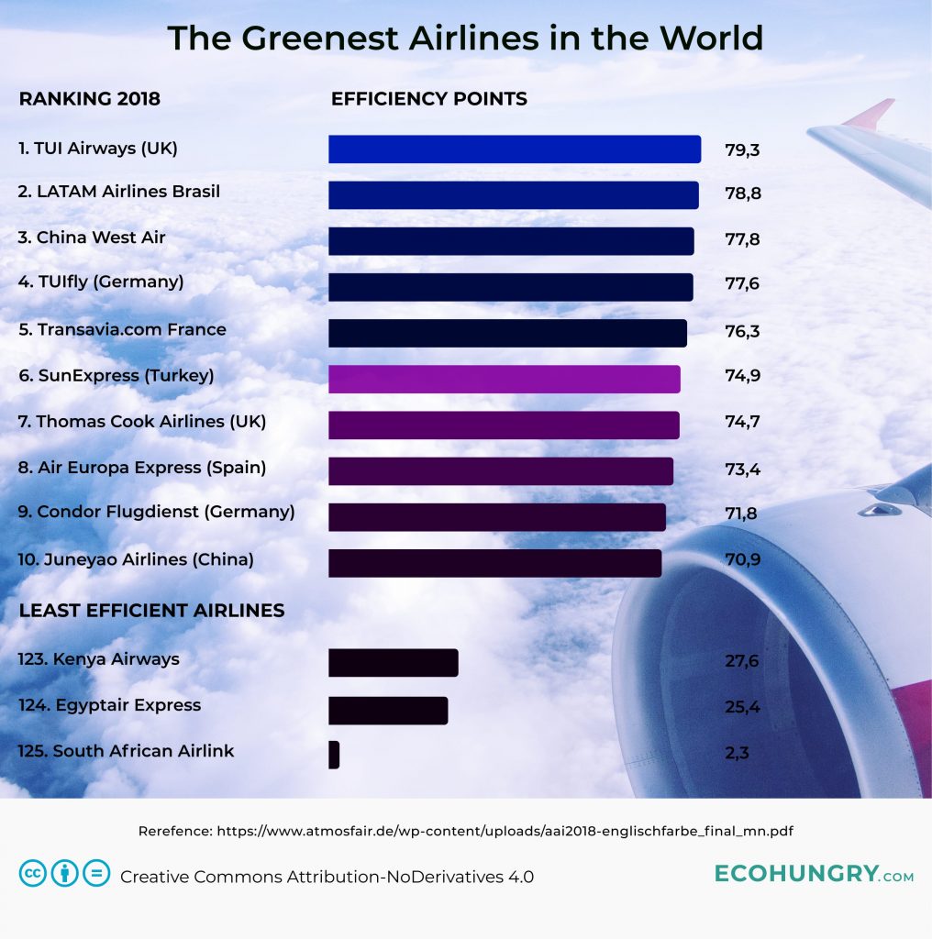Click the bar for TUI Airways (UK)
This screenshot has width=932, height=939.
(514, 149)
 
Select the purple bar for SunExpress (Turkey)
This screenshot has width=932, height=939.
(504, 379)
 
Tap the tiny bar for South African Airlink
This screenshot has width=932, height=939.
(334, 755)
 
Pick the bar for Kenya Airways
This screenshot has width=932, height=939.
(393, 663)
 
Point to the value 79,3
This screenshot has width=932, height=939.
(742, 149)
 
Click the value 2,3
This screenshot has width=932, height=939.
(737, 754)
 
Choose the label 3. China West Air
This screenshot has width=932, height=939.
(92, 238)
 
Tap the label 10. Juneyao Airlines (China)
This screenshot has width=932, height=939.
(136, 559)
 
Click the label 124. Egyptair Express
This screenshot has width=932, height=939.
(109, 705)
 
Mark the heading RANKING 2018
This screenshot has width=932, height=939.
(89, 99)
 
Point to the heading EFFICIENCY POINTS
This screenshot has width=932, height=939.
(428, 99)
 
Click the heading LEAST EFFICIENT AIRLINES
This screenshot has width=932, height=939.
(151, 611)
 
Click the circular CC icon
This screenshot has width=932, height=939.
(33, 874)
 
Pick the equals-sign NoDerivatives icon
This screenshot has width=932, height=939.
(96, 874)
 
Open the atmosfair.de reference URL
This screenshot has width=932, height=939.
(505, 832)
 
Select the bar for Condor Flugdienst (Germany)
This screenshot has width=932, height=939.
(496, 516)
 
